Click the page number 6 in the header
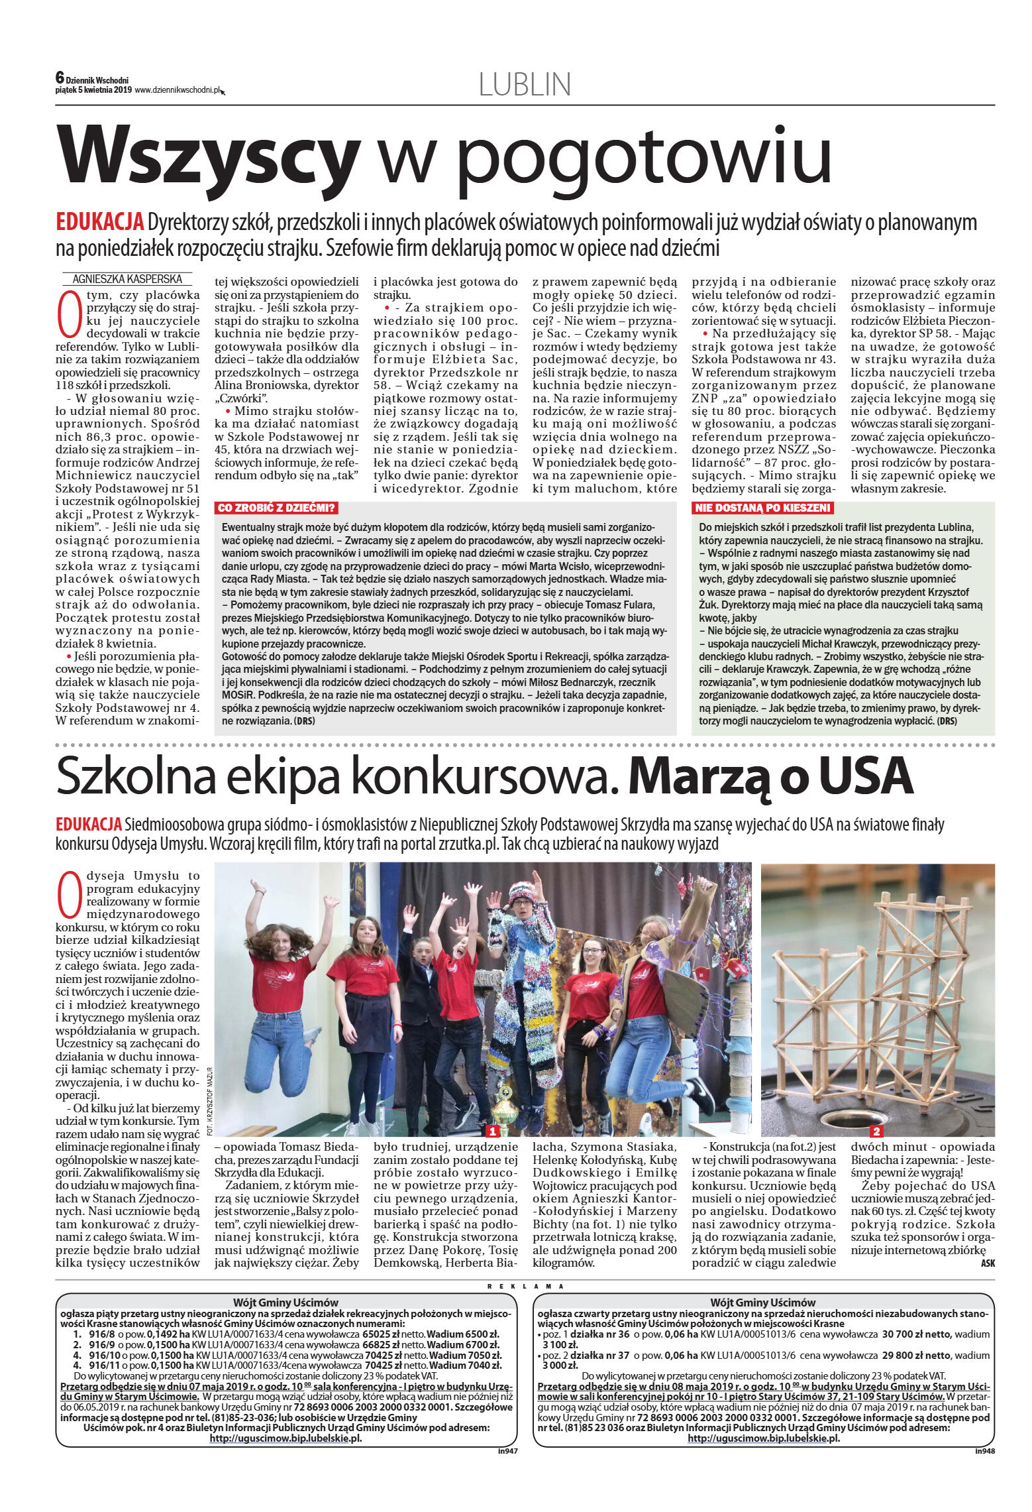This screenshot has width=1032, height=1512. [60, 78]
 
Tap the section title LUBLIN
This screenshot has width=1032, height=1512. [524, 84]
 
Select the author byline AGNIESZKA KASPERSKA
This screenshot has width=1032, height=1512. [128, 279]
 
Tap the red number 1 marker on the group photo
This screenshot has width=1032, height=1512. [492, 1130]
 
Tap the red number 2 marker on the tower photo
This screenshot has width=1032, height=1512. [876, 1131]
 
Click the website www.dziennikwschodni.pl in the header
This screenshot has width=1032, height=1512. [177, 90]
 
